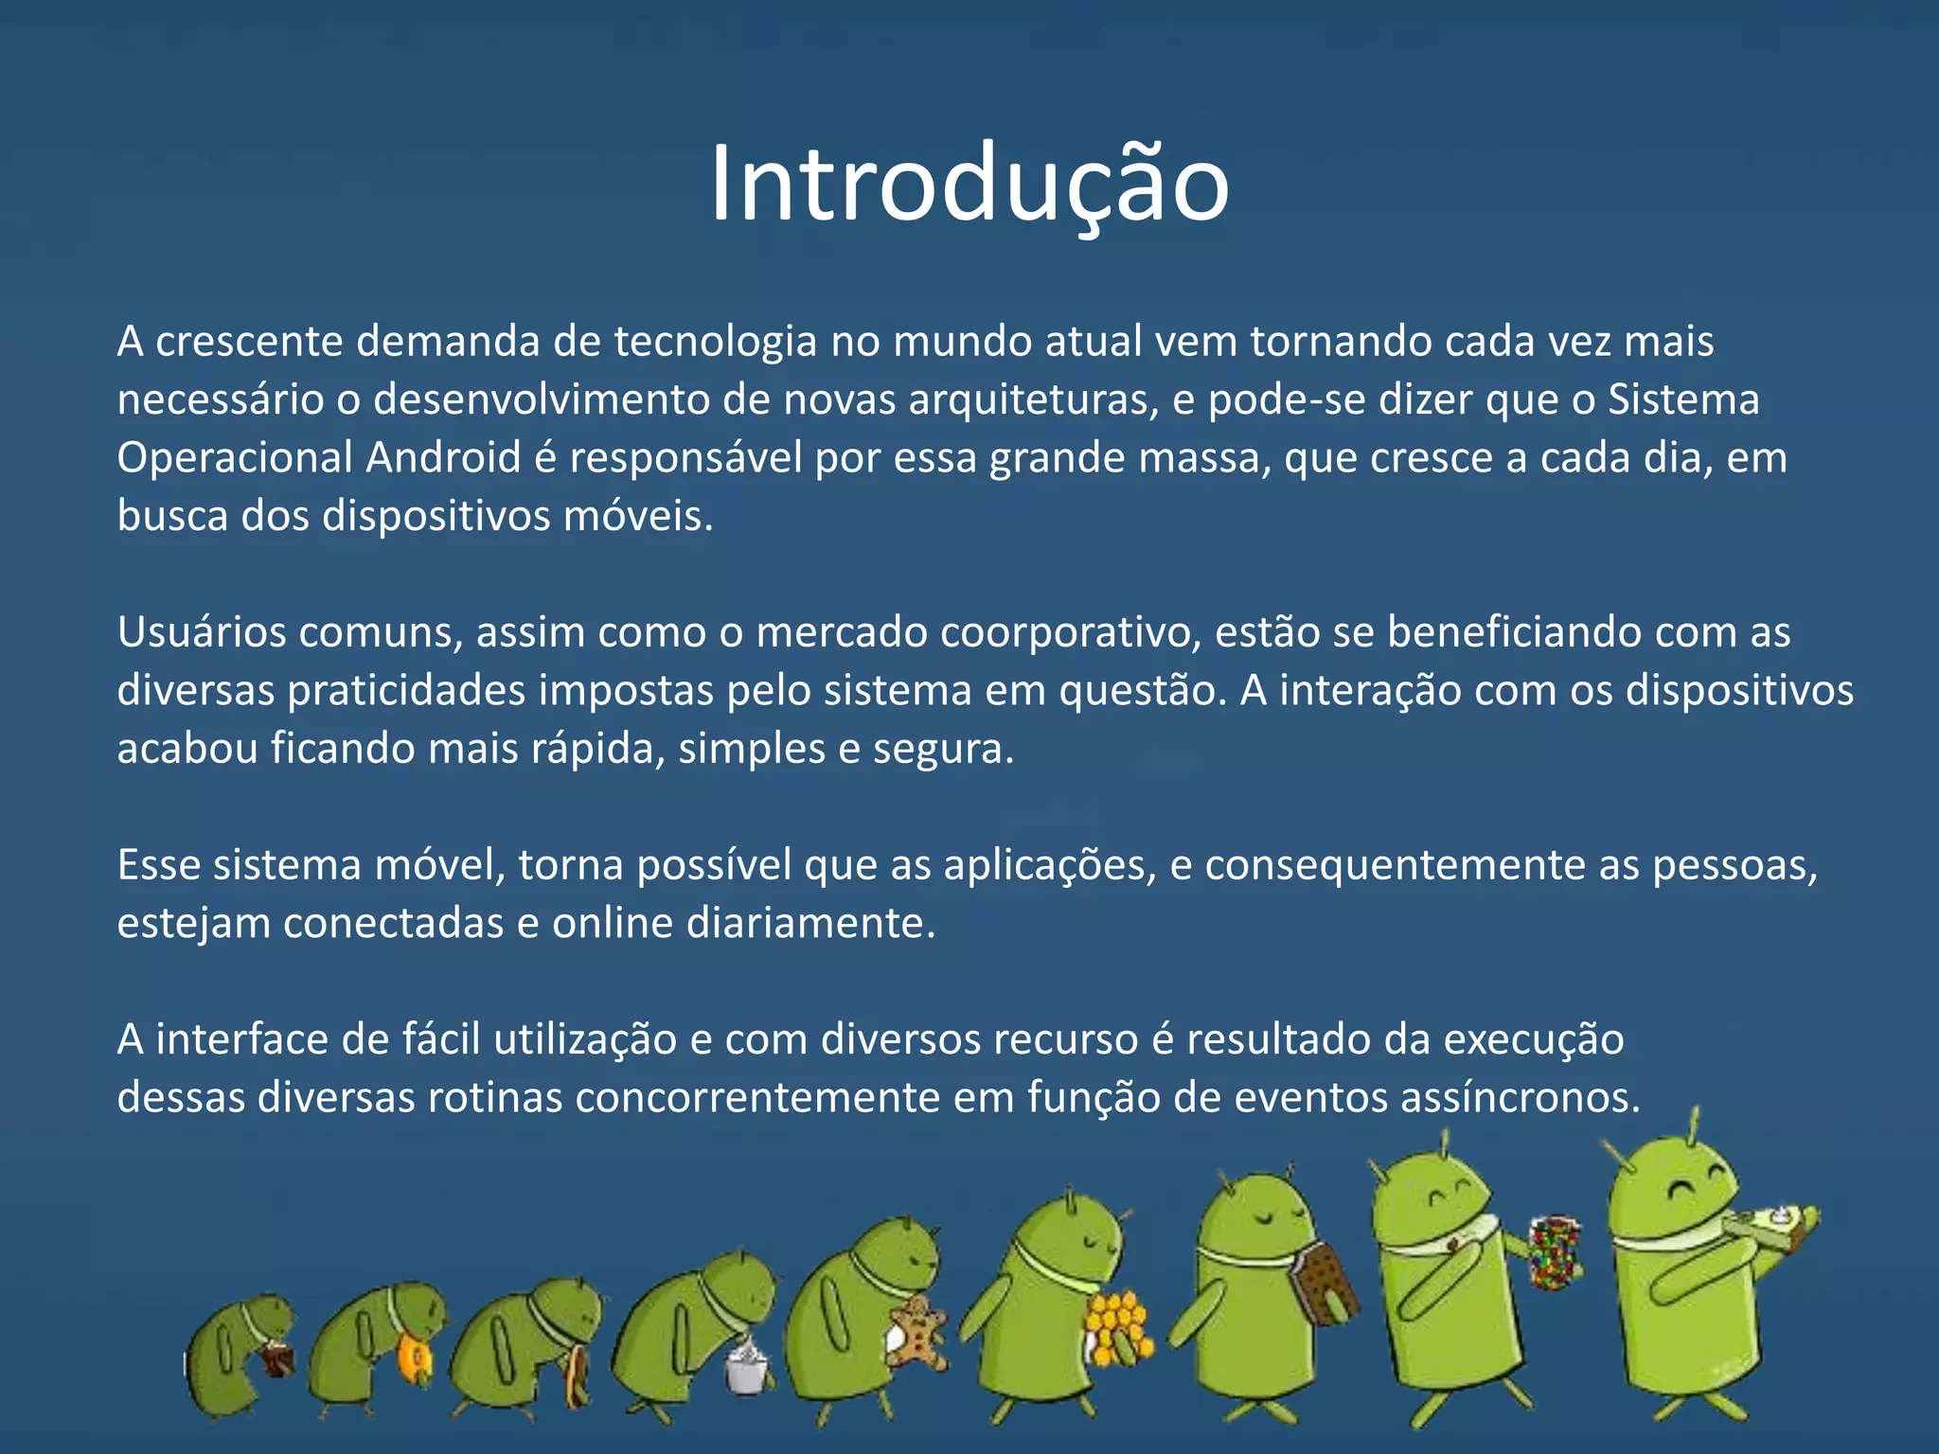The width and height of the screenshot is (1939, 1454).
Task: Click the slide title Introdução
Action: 969,185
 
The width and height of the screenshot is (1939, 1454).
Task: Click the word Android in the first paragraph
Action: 443,458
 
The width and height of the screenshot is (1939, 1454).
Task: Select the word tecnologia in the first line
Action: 715,342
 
